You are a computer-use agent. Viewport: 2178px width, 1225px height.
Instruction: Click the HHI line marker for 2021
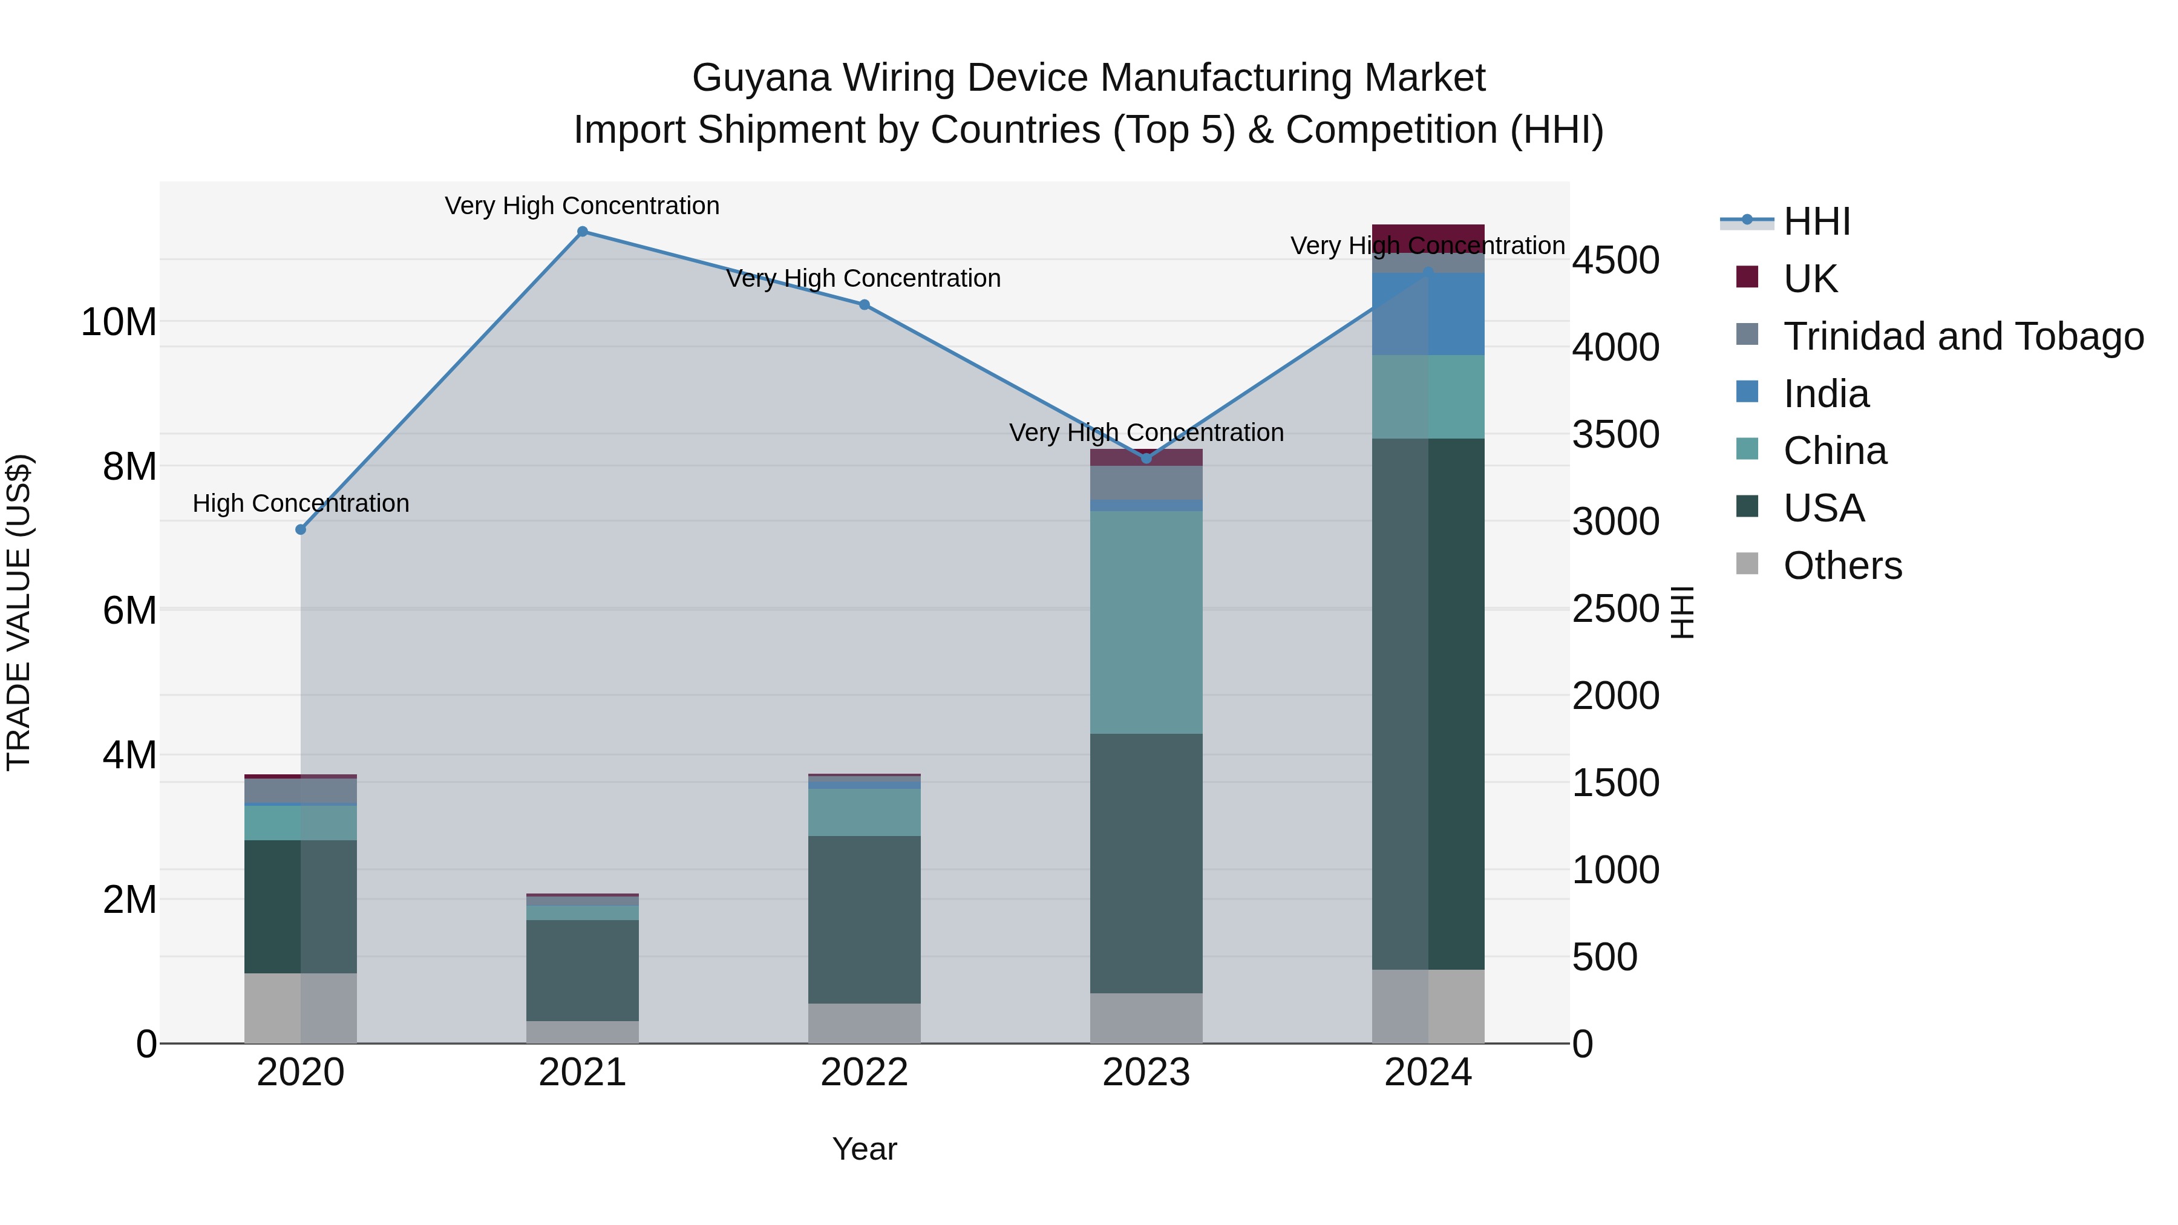tap(583, 232)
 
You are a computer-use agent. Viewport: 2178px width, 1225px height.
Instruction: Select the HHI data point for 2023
tap(1146, 458)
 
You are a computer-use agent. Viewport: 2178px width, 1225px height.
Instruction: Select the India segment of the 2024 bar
tap(1428, 313)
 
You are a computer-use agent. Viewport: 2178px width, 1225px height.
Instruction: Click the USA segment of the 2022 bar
tap(864, 920)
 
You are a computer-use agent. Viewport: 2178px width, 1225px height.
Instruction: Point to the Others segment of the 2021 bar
tap(583, 1032)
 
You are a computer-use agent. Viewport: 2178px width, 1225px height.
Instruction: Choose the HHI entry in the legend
tap(1816, 221)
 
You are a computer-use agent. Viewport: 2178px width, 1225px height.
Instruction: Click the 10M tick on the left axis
tap(119, 322)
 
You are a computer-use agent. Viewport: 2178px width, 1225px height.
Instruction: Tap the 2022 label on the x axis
tap(864, 1073)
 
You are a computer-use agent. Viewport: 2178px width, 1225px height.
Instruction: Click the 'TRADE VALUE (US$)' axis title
tap(19, 612)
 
